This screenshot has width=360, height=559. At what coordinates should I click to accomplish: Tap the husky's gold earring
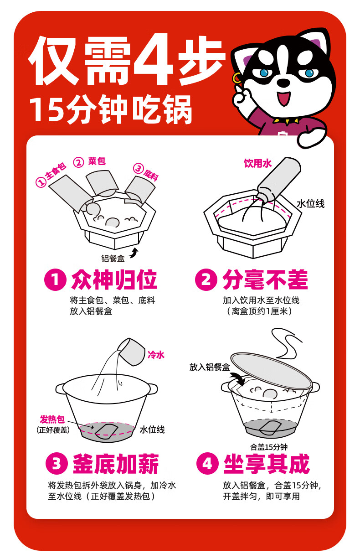[x=236, y=78]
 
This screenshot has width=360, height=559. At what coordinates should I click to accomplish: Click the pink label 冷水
[x=156, y=354]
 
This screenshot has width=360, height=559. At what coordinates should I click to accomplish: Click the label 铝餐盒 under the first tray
[x=113, y=258]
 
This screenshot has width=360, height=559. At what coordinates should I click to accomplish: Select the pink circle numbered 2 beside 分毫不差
[x=206, y=279]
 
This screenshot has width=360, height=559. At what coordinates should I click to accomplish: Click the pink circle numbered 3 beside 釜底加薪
[x=57, y=463]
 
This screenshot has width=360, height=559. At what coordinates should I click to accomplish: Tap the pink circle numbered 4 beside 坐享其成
[x=207, y=463]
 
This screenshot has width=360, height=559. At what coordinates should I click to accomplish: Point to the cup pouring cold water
[x=131, y=352]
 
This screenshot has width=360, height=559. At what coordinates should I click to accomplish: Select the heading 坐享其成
[x=266, y=463]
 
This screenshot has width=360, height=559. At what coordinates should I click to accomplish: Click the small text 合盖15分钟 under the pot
[x=269, y=447]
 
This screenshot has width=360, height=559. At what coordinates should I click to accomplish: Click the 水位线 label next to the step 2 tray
[x=311, y=204]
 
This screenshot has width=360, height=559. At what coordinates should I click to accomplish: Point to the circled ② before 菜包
[x=78, y=163]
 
